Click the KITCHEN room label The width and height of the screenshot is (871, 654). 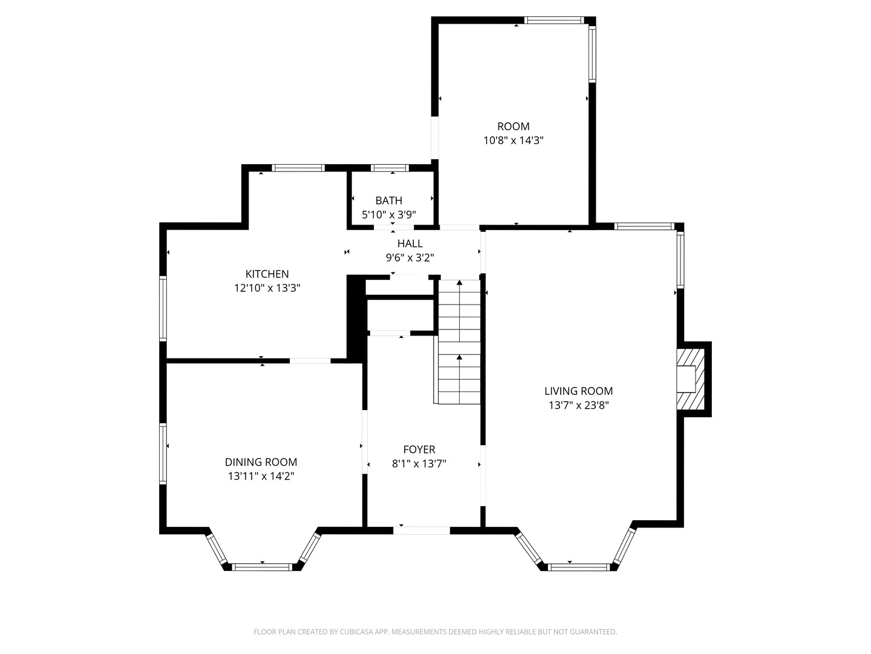coord(267,274)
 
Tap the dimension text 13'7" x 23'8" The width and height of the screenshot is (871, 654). coord(578,406)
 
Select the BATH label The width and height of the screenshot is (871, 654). coord(388,200)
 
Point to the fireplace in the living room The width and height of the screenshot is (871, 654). coord(690,379)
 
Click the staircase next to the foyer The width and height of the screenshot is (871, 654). coord(459,342)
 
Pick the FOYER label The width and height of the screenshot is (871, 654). coord(419,449)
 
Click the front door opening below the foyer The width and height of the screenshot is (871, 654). coord(422,530)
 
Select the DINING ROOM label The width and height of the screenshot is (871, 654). coord(261,462)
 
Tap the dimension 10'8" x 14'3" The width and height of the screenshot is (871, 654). coord(514,140)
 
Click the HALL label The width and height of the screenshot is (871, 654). coord(410,243)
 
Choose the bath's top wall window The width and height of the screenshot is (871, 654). coord(390,168)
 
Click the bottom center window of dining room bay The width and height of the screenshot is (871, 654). coord(263,567)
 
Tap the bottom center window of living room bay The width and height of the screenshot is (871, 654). coord(578,567)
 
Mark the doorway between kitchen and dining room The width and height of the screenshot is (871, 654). coord(310,361)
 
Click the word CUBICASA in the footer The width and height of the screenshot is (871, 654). coord(351,632)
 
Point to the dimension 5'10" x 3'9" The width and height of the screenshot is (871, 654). coord(388,214)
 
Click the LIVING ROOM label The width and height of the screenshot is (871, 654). coord(578,391)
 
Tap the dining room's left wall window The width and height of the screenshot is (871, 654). coord(163,453)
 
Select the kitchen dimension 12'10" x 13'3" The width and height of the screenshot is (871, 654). coord(267,288)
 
